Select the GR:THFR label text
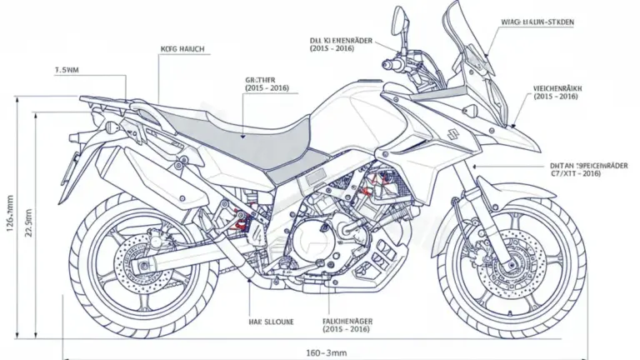click(266, 79)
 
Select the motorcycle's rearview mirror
click(399, 18)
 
